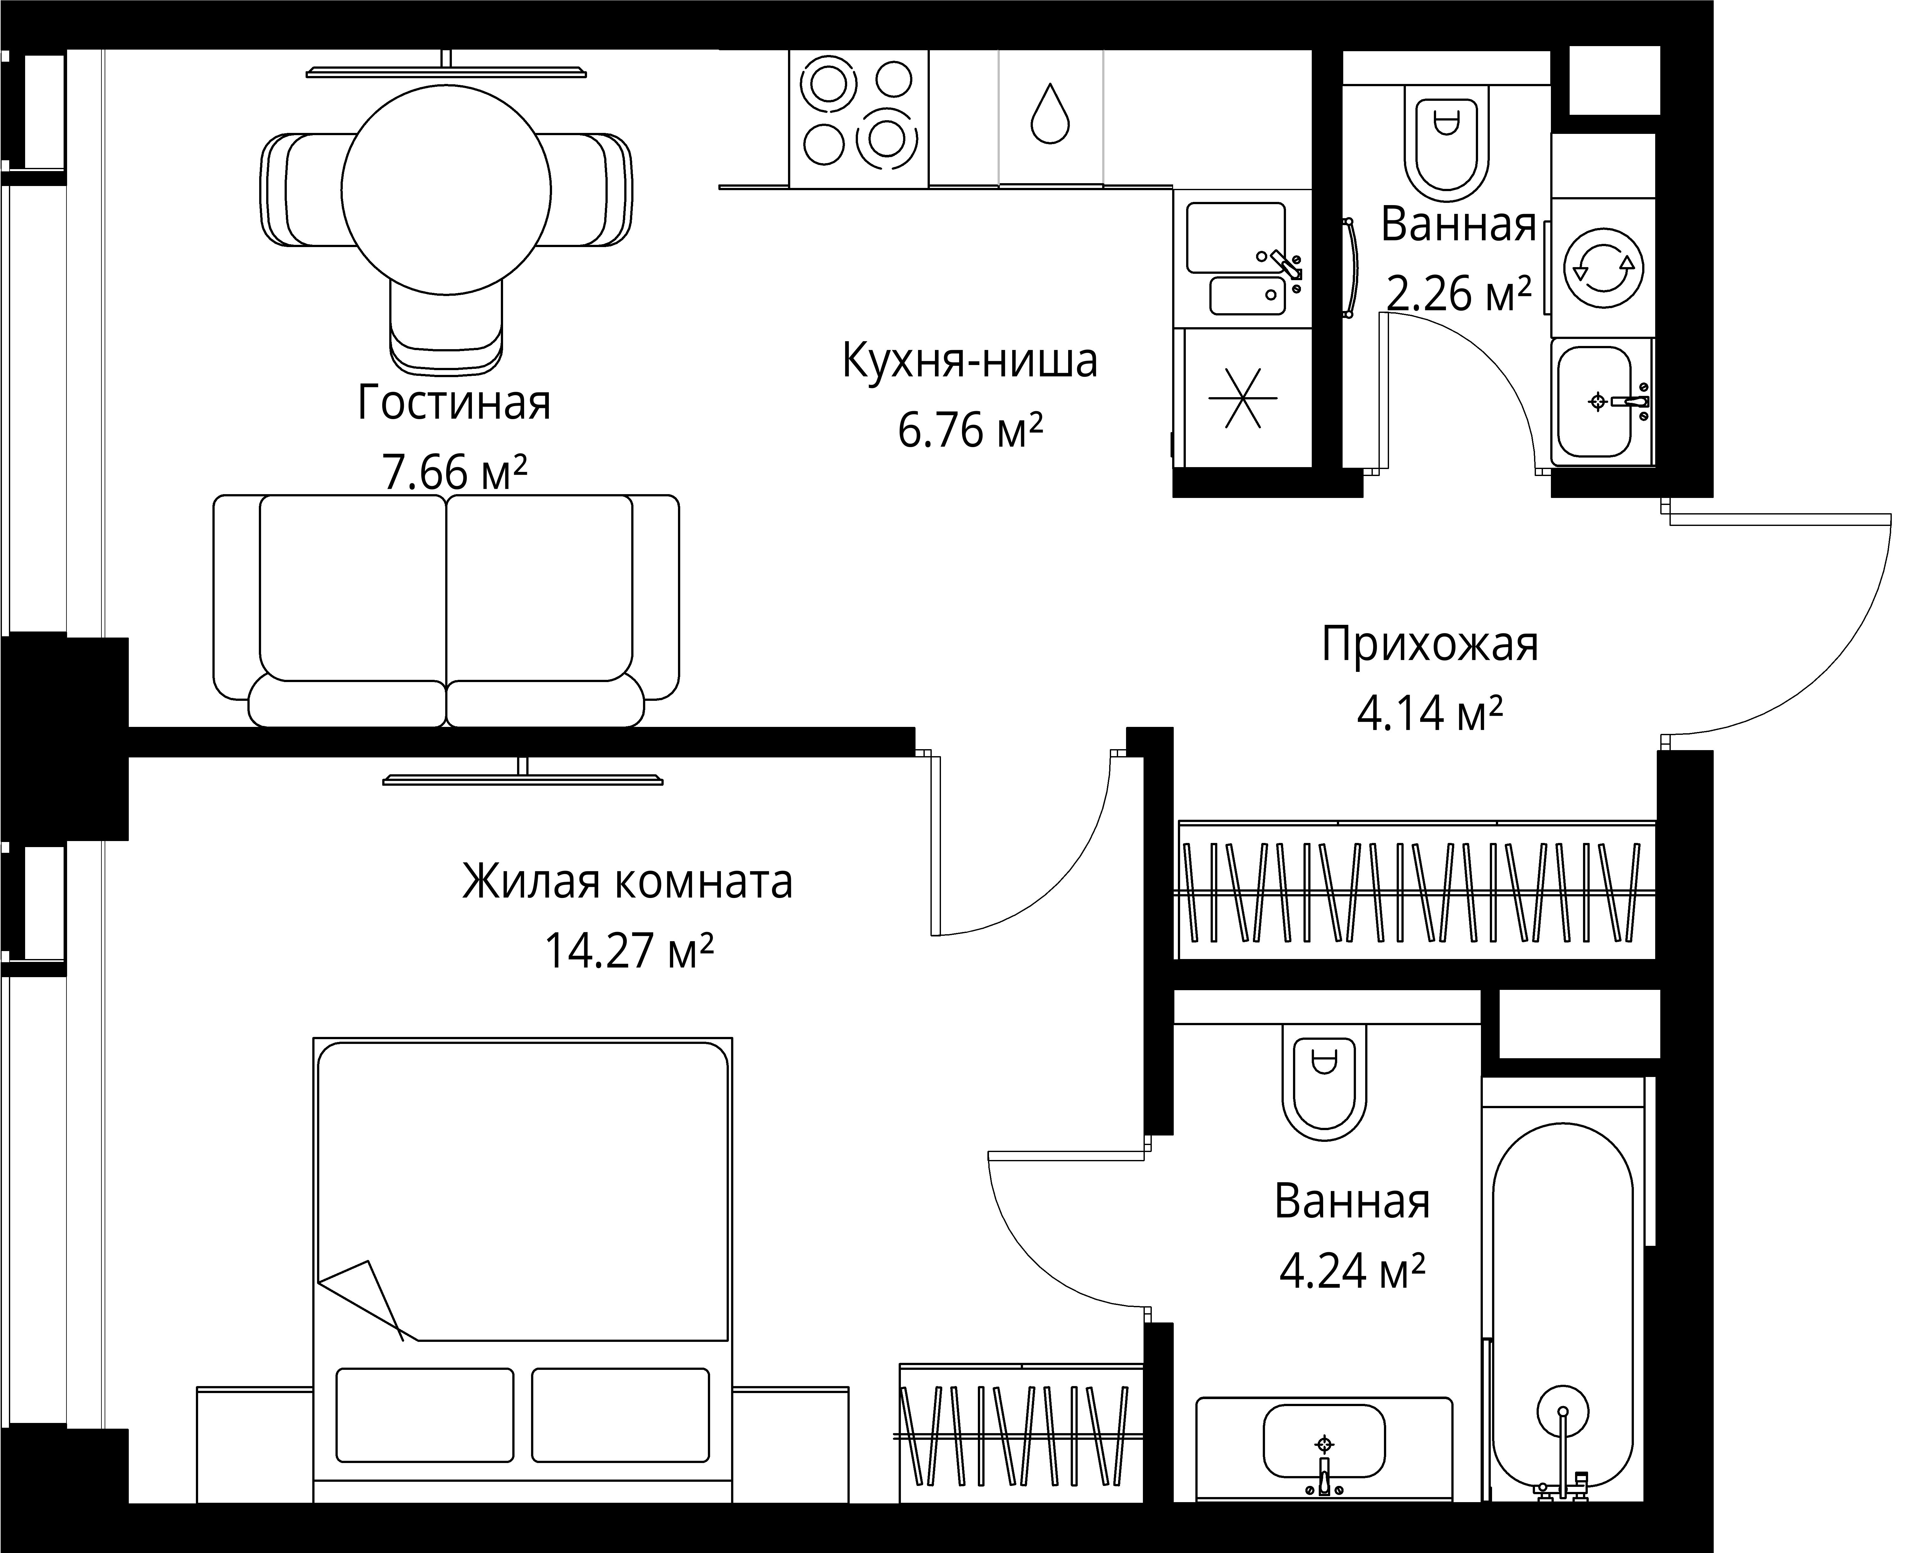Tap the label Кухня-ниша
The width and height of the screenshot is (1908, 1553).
[970, 362]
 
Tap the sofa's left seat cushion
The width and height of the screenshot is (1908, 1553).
[352, 590]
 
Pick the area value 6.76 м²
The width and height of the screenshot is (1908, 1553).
[970, 431]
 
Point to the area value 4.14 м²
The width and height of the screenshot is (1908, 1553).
[1429, 714]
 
